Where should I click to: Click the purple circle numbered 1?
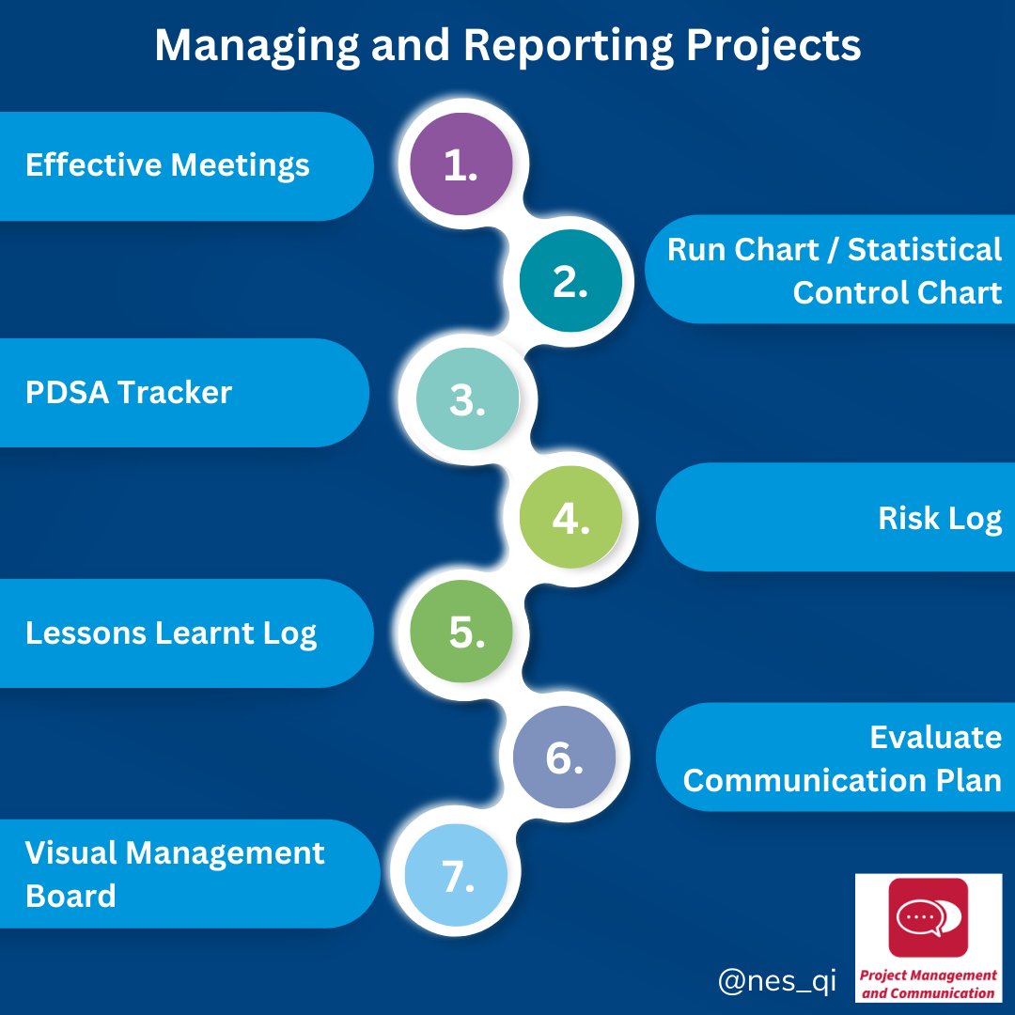(461, 164)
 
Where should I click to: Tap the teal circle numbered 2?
(570, 282)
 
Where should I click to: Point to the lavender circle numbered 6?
(565, 757)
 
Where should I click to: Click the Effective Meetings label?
(167, 165)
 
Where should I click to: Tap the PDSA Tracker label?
(129, 392)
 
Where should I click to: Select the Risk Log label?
(940, 518)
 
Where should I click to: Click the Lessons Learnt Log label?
(171, 632)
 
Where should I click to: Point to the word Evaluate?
(935, 737)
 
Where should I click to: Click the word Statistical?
(925, 250)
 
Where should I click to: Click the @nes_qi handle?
(776, 982)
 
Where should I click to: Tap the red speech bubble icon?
(928, 916)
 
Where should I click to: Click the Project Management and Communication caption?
(929, 985)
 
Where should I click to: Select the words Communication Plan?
(842, 780)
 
